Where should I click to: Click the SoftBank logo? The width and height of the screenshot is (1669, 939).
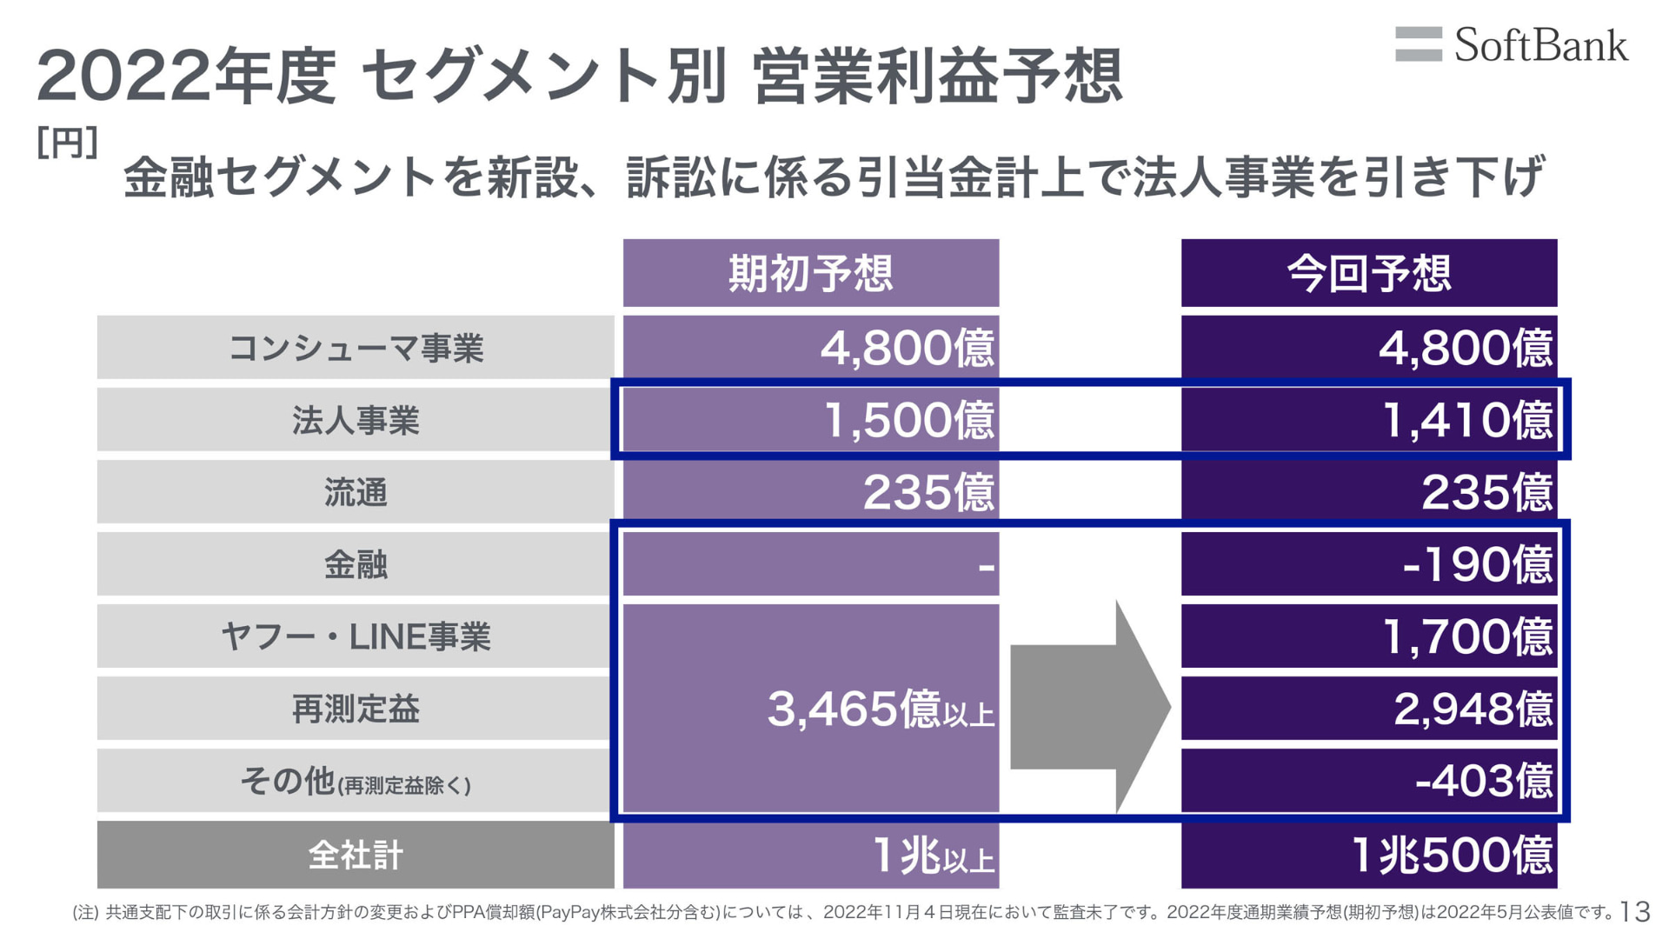pyautogui.click(x=1512, y=45)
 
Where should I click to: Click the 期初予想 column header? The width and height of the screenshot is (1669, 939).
pyautogui.click(x=810, y=273)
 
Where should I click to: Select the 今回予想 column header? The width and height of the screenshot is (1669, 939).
pyautogui.click(x=1368, y=273)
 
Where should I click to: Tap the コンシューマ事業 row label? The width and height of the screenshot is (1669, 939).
pyautogui.click(x=356, y=348)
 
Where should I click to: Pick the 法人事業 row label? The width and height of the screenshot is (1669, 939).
pyautogui.click(x=356, y=420)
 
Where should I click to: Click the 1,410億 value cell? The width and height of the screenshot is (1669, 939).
pyautogui.click(x=1368, y=420)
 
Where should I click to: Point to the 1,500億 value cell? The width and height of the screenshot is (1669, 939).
pyautogui.click(x=810, y=420)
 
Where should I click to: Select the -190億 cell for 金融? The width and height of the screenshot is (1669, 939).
pyautogui.click(x=1368, y=564)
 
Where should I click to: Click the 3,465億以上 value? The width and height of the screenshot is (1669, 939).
pyautogui.click(x=880, y=709)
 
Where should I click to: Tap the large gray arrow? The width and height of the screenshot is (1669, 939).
pyautogui.click(x=1090, y=706)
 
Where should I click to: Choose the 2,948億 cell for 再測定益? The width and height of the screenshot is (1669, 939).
pyautogui.click(x=1368, y=709)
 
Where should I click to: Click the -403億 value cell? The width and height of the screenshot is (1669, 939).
pyautogui.click(x=1368, y=780)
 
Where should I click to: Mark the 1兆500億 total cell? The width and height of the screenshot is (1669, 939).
pyautogui.click(x=1368, y=855)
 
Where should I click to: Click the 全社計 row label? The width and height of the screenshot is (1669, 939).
pyautogui.click(x=356, y=855)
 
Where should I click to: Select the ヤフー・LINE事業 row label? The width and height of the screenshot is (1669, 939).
pyautogui.click(x=356, y=636)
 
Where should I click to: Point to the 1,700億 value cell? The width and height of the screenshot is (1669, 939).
pyautogui.click(x=1368, y=636)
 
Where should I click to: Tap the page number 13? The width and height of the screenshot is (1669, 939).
pyautogui.click(x=1635, y=911)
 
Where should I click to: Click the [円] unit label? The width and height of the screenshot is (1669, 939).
pyautogui.click(x=67, y=143)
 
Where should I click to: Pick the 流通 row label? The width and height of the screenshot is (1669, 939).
pyautogui.click(x=356, y=492)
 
